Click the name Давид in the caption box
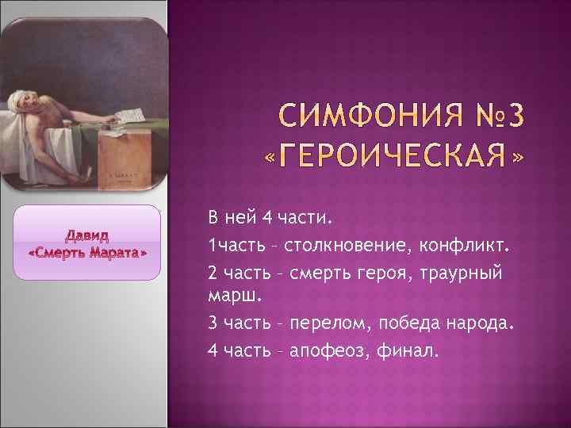(x=88, y=236)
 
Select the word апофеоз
(x=326, y=350)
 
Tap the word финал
(x=409, y=350)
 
